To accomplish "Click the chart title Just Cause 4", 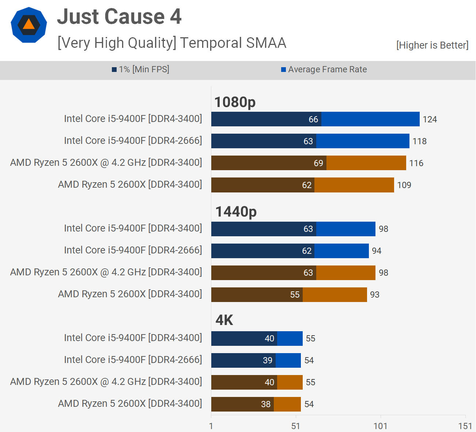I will point(119,17).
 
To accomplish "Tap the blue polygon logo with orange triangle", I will point(29,25).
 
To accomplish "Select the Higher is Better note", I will point(432,45).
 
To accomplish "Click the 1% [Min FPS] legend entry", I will point(141,69).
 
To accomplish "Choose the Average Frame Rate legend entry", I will point(324,69).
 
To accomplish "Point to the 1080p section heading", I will point(235,102).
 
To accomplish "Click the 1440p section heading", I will point(236,211).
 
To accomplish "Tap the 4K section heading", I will point(224,320).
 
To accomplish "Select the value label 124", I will point(430,119).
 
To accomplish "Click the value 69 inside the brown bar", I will point(318,163).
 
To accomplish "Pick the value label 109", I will point(404,185).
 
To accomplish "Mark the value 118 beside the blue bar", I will point(419,141).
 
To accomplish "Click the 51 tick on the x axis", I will point(295,426).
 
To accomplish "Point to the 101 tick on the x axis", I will point(380,426).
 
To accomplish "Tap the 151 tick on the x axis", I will point(465,426).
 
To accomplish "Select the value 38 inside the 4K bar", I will point(266,404).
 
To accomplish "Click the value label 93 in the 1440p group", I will point(374,295).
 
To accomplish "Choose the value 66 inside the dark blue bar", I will point(313,119).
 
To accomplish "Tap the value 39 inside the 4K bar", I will point(267,360).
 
